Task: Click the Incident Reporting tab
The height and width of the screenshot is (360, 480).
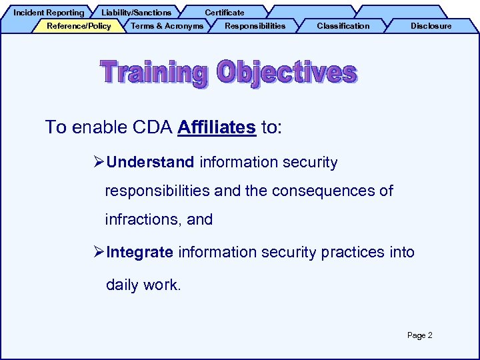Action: (x=49, y=13)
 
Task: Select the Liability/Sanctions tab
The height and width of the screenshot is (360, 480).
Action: (x=136, y=13)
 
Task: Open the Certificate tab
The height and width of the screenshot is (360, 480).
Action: (x=224, y=13)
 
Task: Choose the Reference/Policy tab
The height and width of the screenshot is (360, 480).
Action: (x=79, y=26)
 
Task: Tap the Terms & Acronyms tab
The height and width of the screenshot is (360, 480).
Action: (x=167, y=26)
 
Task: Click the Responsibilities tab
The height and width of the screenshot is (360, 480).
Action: (x=255, y=26)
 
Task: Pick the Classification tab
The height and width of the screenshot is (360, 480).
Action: (x=343, y=26)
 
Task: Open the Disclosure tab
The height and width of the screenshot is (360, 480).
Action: (x=431, y=26)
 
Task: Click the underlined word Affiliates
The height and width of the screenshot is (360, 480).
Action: (x=217, y=127)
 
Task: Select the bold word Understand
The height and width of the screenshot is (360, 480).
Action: (x=150, y=162)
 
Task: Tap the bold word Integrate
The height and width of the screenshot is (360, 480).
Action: (x=140, y=252)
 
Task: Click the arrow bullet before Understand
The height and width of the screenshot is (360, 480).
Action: (x=99, y=162)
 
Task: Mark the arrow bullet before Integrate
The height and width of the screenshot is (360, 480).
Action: (x=99, y=252)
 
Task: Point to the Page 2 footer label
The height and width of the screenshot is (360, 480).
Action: (x=419, y=335)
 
